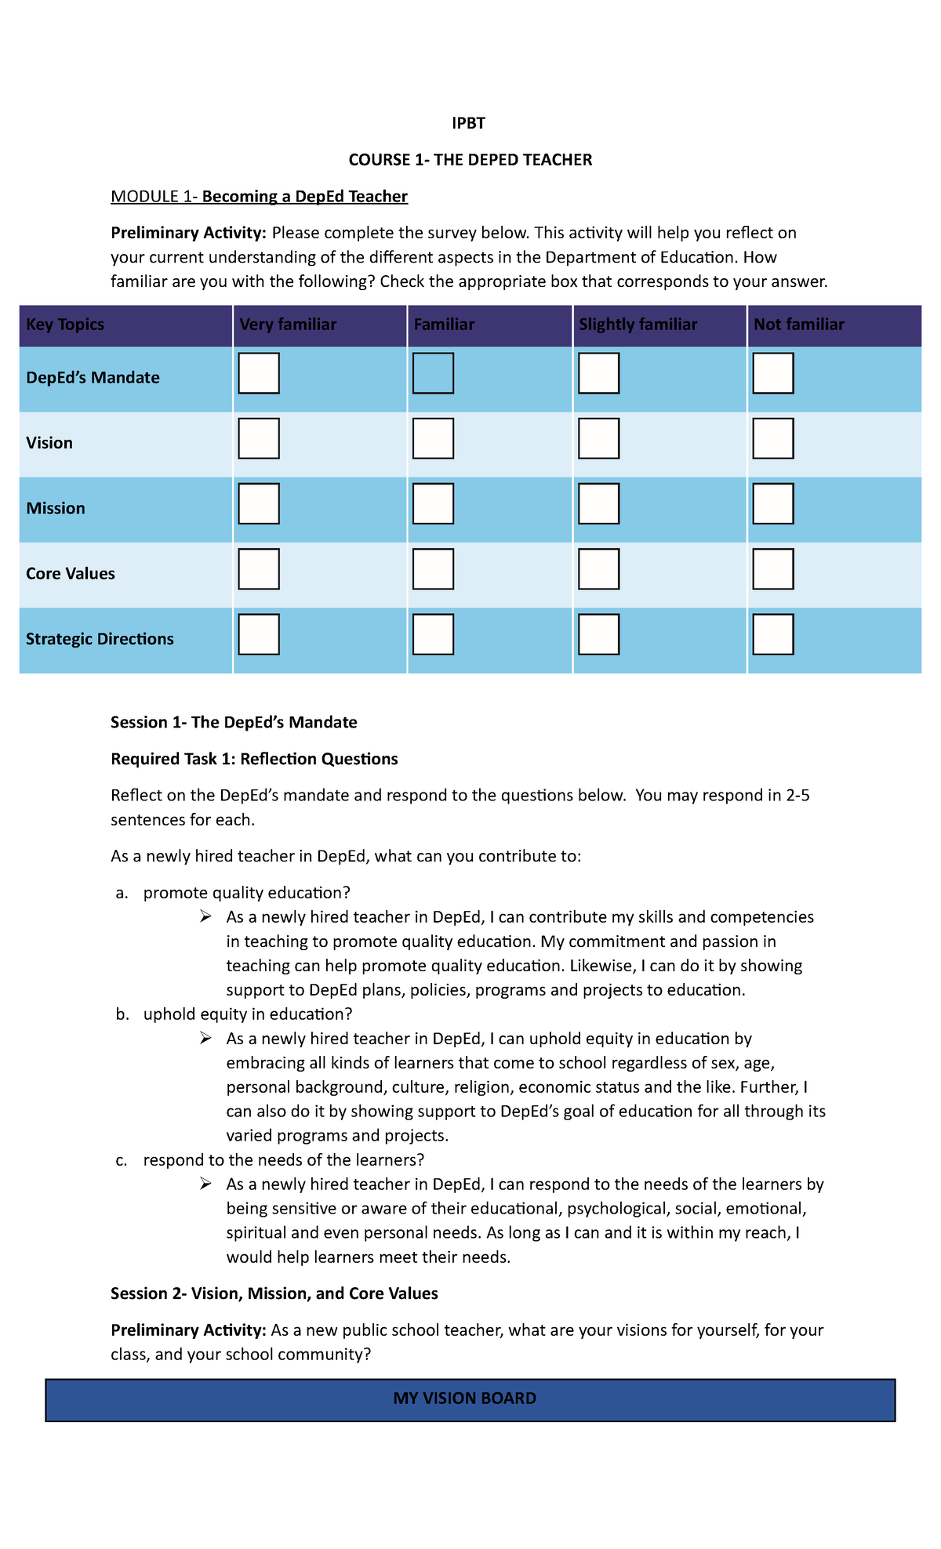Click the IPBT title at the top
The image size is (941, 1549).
point(468,123)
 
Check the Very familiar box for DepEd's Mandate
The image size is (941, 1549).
point(259,373)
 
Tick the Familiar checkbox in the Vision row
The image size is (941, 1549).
point(433,438)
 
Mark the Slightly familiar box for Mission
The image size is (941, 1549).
point(598,503)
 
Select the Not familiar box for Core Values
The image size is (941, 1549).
point(772,569)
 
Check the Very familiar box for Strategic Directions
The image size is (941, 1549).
point(259,634)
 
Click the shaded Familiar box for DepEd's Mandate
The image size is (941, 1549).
point(433,373)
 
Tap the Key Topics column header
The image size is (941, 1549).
point(65,325)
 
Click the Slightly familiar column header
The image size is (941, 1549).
point(638,325)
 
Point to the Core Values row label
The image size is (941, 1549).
point(71,574)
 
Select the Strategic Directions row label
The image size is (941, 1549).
point(100,639)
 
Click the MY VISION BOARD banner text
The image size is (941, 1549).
point(465,1398)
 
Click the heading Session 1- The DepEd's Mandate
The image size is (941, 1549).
point(234,722)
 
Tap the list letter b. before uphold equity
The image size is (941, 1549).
point(122,1014)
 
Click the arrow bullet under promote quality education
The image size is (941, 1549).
point(205,916)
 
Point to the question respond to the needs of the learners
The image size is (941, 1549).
point(283,1159)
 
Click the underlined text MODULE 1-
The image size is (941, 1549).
point(154,197)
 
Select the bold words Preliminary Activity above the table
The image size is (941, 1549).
point(188,233)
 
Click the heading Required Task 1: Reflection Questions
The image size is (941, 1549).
point(254,759)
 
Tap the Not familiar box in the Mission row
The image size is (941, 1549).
point(772,503)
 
